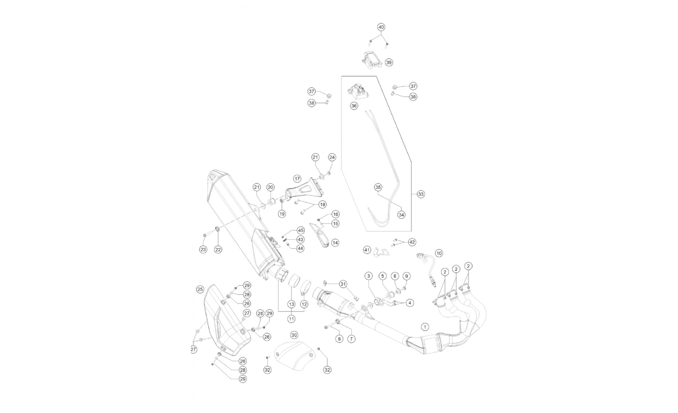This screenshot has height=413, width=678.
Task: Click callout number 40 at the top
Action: point(381,27)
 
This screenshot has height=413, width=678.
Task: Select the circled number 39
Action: point(389,62)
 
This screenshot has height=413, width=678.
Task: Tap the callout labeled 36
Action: point(354,106)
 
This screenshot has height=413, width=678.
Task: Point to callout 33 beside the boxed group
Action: point(421,194)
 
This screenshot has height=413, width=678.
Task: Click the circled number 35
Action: point(378,187)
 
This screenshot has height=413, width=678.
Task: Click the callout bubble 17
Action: point(297,178)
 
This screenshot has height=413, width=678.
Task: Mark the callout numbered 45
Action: point(301,230)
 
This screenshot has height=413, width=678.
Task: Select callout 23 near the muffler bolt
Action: point(203,249)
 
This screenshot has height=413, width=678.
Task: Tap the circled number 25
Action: point(200,289)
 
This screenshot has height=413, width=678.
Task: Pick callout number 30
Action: point(294,335)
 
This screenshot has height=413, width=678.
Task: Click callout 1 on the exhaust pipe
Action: point(424,327)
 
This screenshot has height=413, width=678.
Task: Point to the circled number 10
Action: point(439,253)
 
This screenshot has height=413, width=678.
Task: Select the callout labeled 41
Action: point(367,250)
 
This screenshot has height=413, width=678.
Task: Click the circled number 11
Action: point(292,319)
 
